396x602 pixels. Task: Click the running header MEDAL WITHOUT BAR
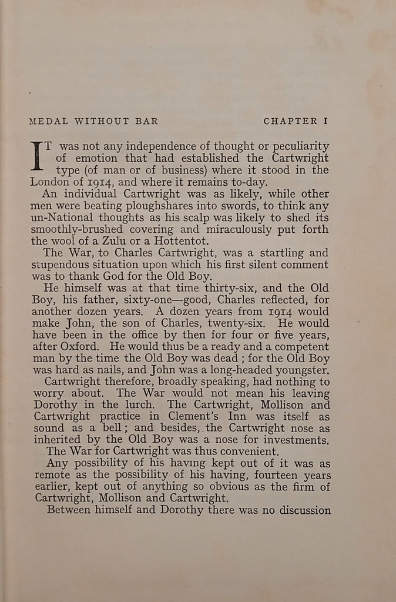coord(93,121)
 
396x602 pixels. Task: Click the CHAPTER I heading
coord(295,121)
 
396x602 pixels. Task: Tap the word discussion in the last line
coord(302,509)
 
